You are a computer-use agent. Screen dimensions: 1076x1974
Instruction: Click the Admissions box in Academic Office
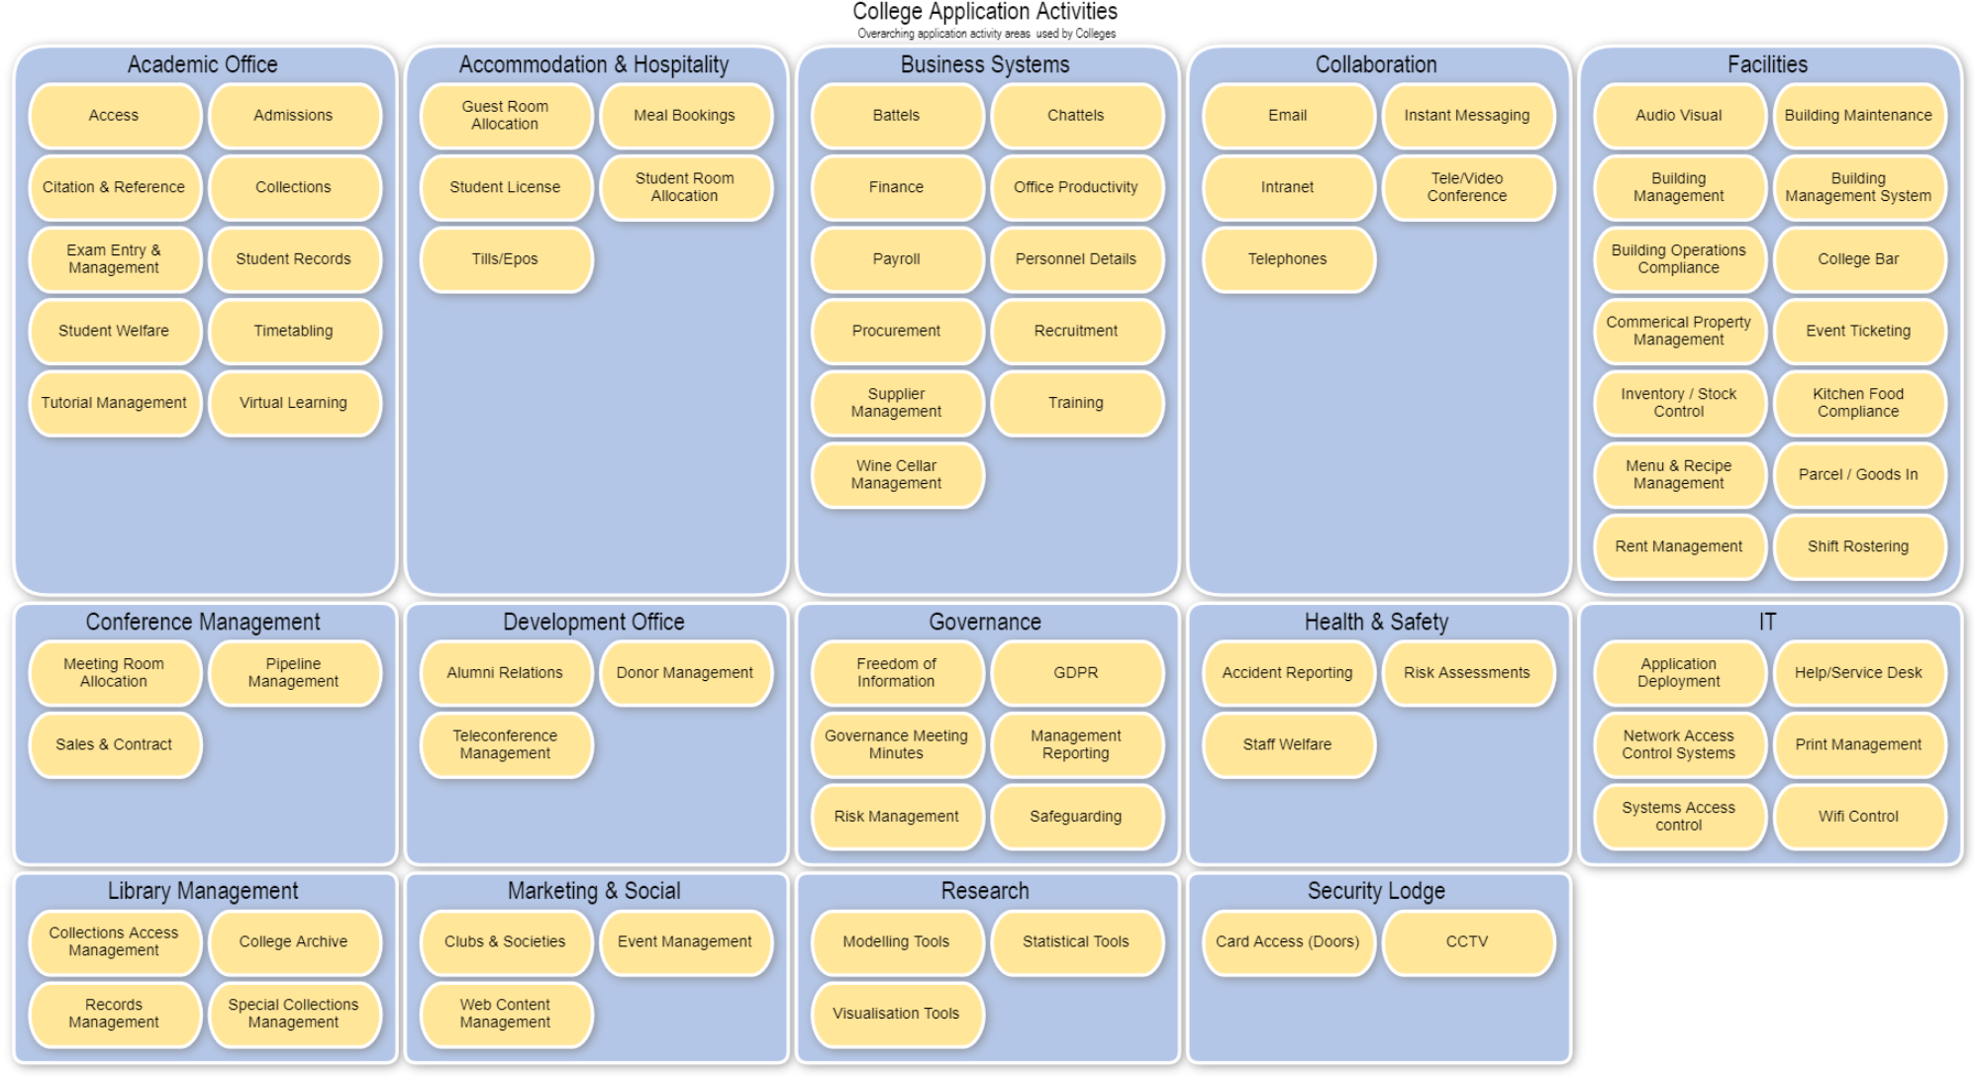[x=293, y=116]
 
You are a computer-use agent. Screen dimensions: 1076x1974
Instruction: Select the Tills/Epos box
[x=505, y=259]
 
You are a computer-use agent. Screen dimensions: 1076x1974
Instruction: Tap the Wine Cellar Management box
[x=896, y=475]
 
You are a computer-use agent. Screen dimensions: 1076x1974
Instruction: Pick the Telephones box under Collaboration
[x=1287, y=259]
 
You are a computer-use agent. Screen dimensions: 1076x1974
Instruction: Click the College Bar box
[x=1858, y=259]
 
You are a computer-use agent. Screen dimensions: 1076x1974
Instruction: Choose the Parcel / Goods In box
[x=1858, y=475]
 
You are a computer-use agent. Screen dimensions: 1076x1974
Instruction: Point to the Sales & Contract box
[x=114, y=744]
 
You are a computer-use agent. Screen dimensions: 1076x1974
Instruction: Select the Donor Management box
[x=684, y=673]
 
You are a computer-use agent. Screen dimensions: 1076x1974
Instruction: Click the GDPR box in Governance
[x=1075, y=673]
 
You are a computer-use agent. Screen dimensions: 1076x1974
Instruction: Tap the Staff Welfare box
[x=1287, y=744]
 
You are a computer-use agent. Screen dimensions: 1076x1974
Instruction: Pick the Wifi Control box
[x=1858, y=817]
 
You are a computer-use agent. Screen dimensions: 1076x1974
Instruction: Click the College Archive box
[x=293, y=942]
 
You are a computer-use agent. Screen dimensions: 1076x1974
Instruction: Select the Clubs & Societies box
[x=505, y=942]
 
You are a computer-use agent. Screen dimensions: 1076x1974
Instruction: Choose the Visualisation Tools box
[x=896, y=1014]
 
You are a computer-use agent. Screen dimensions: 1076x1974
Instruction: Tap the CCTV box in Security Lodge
[x=1466, y=942]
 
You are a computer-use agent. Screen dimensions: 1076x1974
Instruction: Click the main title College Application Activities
[x=985, y=12]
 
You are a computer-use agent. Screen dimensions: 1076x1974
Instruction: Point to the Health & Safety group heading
[x=1376, y=623]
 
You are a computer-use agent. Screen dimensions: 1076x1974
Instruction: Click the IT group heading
[x=1767, y=623]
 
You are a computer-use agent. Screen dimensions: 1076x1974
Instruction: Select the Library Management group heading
[x=203, y=891]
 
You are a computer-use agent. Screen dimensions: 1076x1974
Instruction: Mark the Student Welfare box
[x=114, y=332]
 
